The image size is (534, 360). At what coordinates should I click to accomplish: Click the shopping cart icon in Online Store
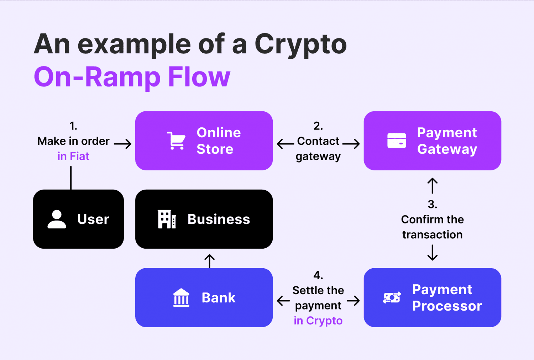[176, 141]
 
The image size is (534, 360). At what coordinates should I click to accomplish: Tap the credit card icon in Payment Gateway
[397, 141]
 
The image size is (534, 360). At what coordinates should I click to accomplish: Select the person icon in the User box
[57, 219]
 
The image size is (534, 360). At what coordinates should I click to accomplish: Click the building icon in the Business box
[167, 219]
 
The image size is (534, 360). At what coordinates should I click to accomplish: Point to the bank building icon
[181, 297]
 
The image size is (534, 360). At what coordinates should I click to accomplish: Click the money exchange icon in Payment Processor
[392, 297]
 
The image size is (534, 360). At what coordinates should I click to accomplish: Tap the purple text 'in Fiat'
[73, 156]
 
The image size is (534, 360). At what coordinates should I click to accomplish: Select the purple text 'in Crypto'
[318, 321]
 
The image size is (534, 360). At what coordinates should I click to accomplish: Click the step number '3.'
[432, 204]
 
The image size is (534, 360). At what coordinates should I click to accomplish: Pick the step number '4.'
[318, 275]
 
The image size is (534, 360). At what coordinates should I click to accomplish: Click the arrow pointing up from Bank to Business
[210, 261]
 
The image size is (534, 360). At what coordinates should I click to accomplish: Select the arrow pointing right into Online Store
[123, 144]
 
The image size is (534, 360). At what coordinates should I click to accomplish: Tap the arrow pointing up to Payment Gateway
[432, 186]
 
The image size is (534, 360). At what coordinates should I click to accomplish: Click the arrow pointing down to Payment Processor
[432, 253]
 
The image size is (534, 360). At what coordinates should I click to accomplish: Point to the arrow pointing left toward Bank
[283, 301]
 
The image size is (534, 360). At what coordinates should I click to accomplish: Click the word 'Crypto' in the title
[300, 44]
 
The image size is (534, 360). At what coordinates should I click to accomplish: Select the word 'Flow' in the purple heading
[199, 77]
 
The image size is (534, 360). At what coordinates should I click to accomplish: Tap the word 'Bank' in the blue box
[219, 298]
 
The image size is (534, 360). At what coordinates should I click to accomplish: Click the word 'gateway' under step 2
[318, 157]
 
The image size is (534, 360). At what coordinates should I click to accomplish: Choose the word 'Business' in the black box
[219, 219]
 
